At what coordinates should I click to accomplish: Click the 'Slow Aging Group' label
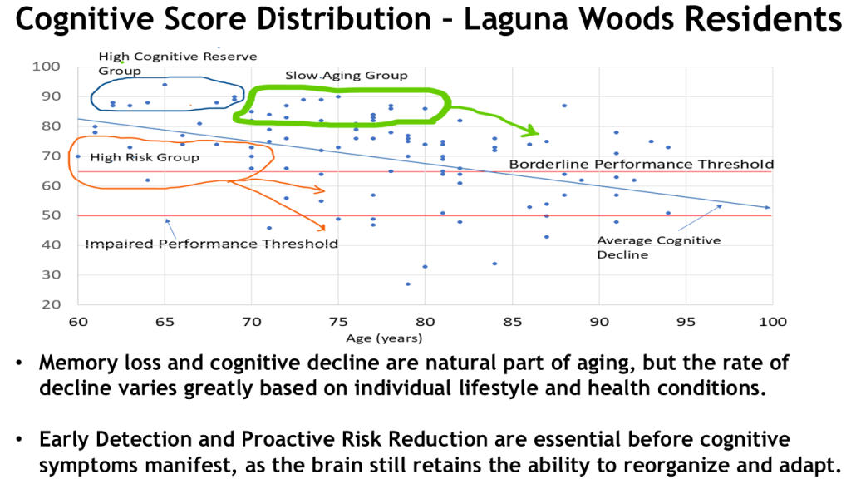(347, 75)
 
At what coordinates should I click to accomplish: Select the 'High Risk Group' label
(145, 157)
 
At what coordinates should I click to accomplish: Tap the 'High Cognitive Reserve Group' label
(177, 63)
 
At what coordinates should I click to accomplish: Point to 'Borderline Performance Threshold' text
(641, 165)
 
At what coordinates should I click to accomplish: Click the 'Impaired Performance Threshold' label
(211, 244)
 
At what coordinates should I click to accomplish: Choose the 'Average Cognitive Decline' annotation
(658, 247)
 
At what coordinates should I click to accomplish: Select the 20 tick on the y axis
(52, 304)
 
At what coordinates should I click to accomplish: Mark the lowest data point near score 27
(408, 284)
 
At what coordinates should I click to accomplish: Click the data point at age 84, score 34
(494, 264)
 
